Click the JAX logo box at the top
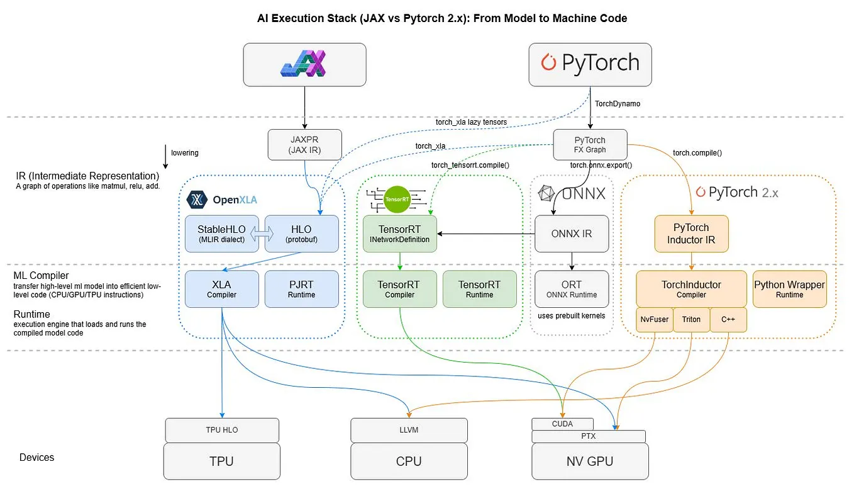[x=304, y=64]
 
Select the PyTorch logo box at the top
[x=589, y=64]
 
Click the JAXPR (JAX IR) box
[x=304, y=145]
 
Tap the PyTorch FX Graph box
[x=590, y=145]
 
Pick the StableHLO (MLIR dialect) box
[x=221, y=234]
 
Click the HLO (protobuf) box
[x=302, y=234]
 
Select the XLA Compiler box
[x=221, y=289]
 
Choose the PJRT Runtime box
[x=301, y=289]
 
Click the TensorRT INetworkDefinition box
[x=399, y=234]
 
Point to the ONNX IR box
[x=571, y=234]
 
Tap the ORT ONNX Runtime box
[x=571, y=289]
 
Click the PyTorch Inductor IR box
[x=691, y=234]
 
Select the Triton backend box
[x=691, y=320]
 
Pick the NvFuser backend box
[x=654, y=320]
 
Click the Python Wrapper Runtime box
[x=789, y=289]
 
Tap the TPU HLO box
[x=221, y=430]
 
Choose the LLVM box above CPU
[x=409, y=430]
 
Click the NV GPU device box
[x=589, y=461]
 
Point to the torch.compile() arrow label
[x=697, y=153]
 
